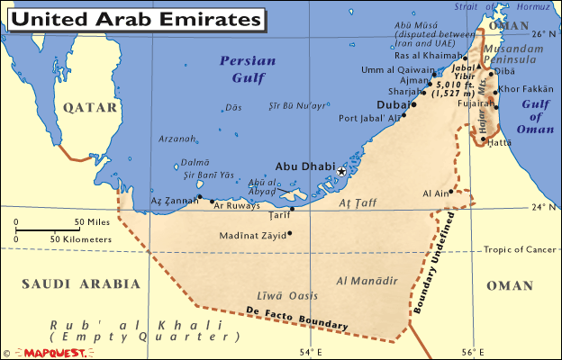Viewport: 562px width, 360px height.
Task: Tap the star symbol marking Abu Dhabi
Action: coord(342,170)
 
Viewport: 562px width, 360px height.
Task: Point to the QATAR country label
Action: coord(90,107)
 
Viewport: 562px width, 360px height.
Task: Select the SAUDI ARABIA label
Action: coord(81,283)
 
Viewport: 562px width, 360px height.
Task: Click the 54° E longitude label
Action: coord(311,352)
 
